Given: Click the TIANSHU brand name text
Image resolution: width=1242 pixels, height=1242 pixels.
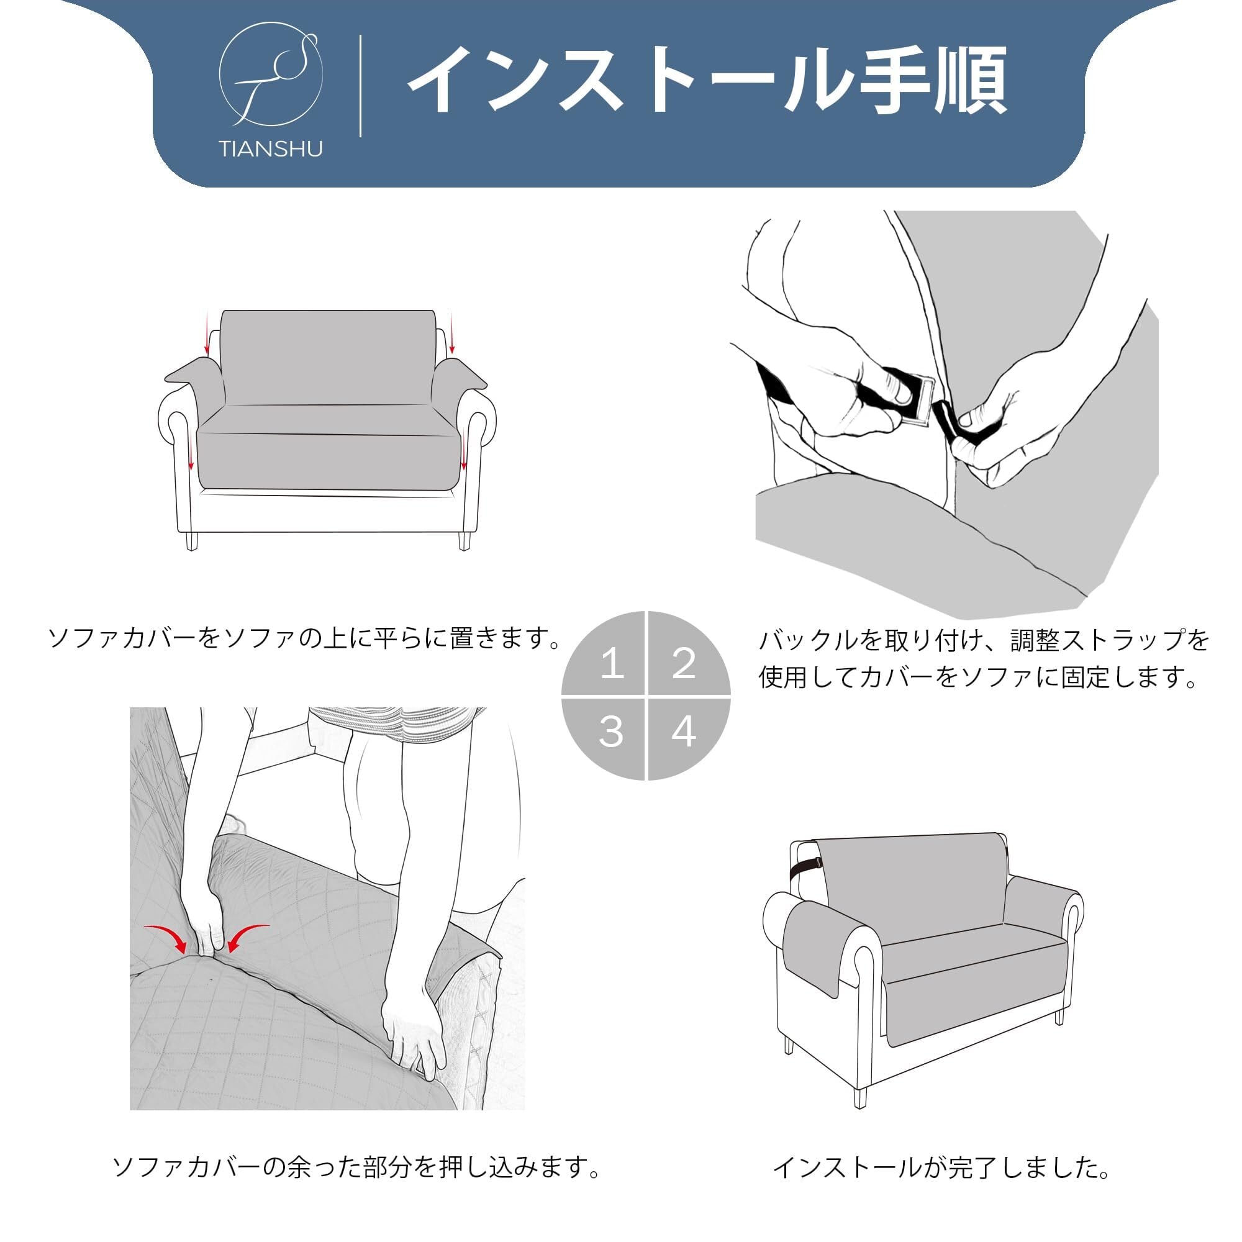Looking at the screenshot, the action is click(271, 150).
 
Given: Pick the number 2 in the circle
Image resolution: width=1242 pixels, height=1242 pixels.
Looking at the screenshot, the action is click(683, 663).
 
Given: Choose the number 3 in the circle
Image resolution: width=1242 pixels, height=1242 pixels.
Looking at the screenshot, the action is click(610, 732).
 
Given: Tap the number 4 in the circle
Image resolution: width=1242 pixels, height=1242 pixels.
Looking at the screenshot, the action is click(683, 732).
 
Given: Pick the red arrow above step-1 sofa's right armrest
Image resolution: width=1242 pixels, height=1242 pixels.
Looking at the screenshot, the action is click(452, 333).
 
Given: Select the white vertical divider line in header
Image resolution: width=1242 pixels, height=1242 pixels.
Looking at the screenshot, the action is click(360, 86).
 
